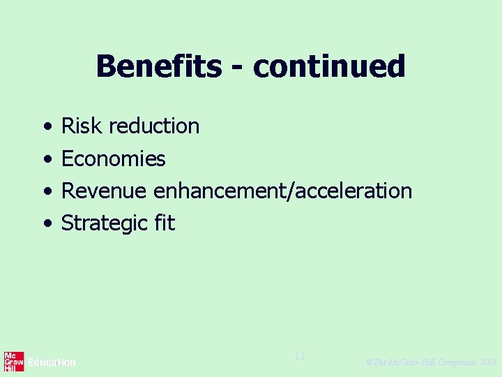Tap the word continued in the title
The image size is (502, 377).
pyautogui.click(x=329, y=67)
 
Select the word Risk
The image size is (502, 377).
pyautogui.click(x=82, y=126)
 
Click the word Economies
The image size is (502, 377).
pyautogui.click(x=114, y=159)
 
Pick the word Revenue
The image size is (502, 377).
pyautogui.click(x=104, y=191)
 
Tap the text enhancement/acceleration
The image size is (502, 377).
pyautogui.click(x=282, y=191)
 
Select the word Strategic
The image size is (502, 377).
pyautogui.click(x=102, y=223)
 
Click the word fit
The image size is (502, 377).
pyautogui.click(x=166, y=223)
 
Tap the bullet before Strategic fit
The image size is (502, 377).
pyautogui.click(x=46, y=224)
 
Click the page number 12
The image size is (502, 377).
pyautogui.click(x=300, y=357)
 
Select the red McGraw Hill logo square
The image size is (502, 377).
pyautogui.click(x=14, y=362)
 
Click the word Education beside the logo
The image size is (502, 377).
pyautogui.click(x=52, y=362)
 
